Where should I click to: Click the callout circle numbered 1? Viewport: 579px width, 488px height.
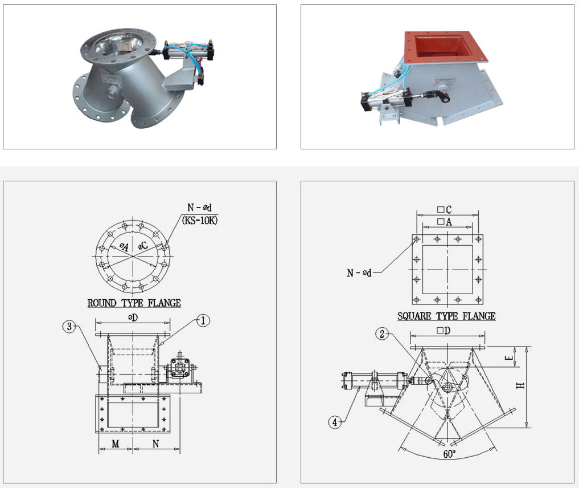[203, 320]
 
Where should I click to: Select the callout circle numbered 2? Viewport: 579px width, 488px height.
[382, 334]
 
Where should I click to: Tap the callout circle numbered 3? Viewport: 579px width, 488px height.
[69, 327]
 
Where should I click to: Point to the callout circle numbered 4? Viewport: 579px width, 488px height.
[335, 422]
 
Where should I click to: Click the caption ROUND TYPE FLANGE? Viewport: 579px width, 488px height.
[134, 303]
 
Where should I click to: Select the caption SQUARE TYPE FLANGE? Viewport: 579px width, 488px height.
[446, 316]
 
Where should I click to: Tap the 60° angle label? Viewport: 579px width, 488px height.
[449, 454]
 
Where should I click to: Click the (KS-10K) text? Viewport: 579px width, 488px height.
[200, 220]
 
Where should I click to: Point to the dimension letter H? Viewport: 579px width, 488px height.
[520, 385]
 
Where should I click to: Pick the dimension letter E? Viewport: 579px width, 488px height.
[510, 357]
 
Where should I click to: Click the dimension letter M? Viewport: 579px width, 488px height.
[116, 444]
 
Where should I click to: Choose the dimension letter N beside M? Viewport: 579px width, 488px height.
[156, 444]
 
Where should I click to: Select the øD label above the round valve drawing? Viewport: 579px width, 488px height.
[133, 317]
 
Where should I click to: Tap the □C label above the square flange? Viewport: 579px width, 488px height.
[445, 210]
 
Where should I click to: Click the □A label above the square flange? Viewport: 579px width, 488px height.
[445, 222]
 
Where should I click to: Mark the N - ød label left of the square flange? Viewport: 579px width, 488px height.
[359, 273]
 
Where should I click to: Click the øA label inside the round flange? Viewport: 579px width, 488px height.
[124, 246]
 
